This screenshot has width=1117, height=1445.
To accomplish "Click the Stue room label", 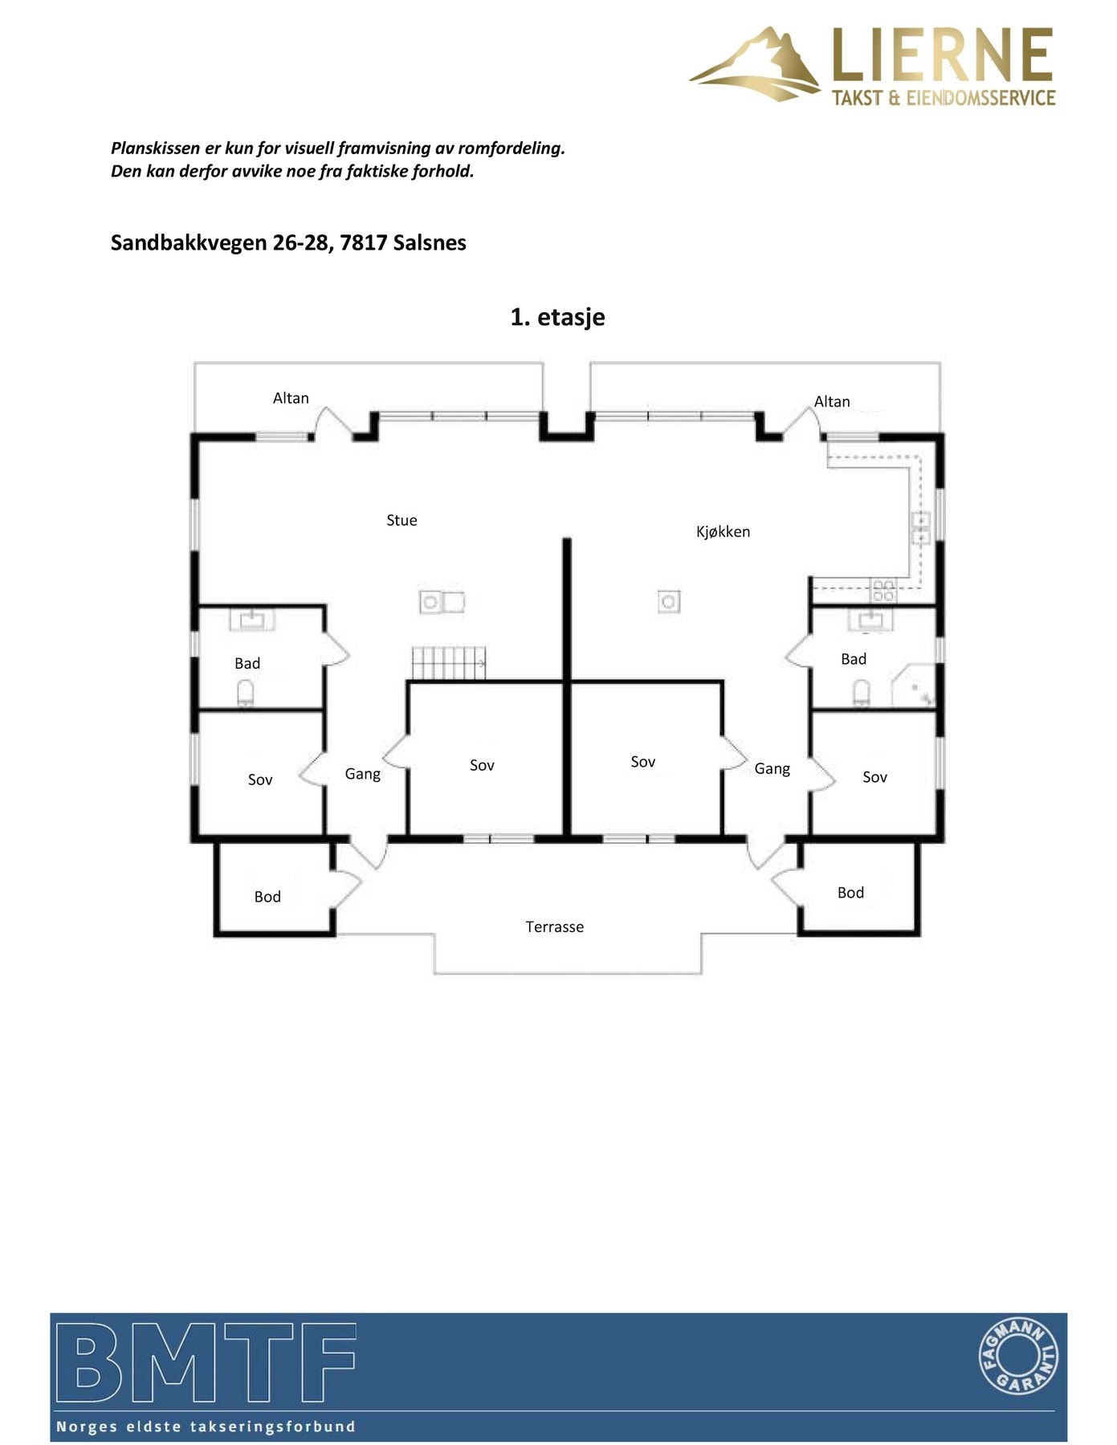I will pos(402,520).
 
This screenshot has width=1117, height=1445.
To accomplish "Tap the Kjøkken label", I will pos(723,531).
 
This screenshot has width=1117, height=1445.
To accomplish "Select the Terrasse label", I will pos(554,926).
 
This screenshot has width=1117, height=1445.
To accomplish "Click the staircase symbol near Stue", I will pos(449,663).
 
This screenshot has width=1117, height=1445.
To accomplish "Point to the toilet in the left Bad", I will pos(246,693).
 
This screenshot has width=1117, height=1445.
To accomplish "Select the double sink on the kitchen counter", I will pos(919,527).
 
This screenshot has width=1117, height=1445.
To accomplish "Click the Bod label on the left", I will pos(267,897).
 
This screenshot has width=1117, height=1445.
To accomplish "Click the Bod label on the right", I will pos(850,893).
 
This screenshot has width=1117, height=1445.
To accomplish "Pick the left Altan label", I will pos(291,398).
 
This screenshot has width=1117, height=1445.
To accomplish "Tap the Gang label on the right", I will pos(772,769).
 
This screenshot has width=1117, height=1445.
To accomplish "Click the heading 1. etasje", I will pos(557,317).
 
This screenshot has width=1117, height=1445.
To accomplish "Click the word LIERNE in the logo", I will pos(942,55).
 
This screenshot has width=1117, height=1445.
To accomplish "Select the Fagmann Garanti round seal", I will pos(1019,1357).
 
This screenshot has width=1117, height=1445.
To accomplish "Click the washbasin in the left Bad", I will pos(253,619).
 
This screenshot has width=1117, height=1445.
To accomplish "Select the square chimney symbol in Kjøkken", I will pos(668,600).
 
